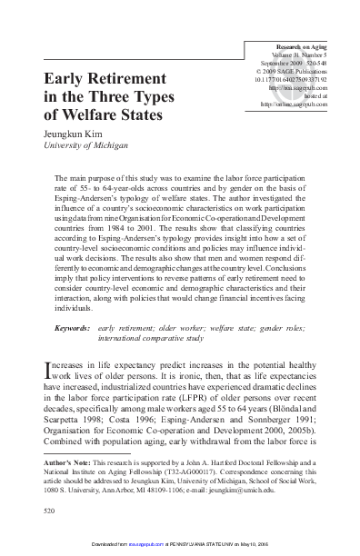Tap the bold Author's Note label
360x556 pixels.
[69, 462]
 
